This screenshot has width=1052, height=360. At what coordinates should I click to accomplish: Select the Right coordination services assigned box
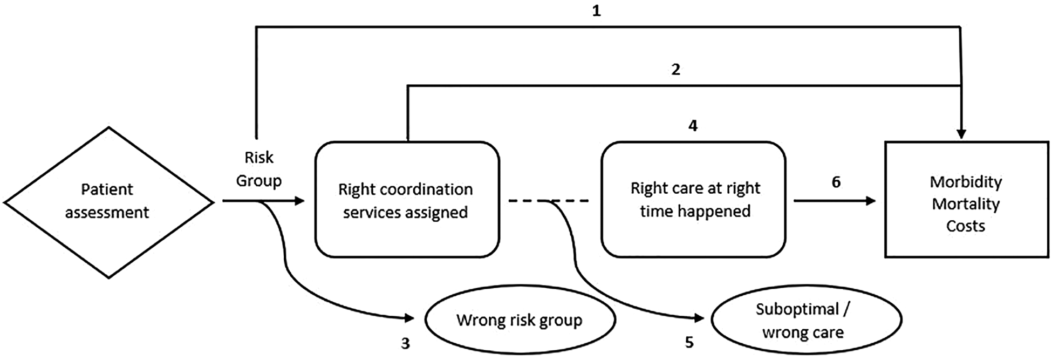pyautogui.click(x=407, y=200)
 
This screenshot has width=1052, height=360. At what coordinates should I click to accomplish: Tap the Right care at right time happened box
pyautogui.click(x=694, y=199)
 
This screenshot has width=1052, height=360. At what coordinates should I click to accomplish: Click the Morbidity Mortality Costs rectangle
pyautogui.click(x=966, y=200)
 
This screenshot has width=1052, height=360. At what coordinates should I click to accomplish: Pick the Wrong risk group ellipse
pyautogui.click(x=520, y=320)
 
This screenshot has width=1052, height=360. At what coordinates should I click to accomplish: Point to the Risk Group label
pyautogui.click(x=259, y=169)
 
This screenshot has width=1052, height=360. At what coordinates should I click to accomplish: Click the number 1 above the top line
pyautogui.click(x=596, y=11)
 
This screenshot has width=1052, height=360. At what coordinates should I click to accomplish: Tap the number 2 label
pyautogui.click(x=675, y=69)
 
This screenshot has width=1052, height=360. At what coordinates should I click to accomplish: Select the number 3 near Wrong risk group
pyautogui.click(x=405, y=343)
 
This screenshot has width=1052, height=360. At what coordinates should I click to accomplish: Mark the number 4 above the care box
pyautogui.click(x=693, y=126)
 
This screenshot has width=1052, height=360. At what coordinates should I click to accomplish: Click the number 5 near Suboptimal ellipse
pyautogui.click(x=689, y=343)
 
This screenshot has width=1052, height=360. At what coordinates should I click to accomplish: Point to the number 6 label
pyautogui.click(x=836, y=182)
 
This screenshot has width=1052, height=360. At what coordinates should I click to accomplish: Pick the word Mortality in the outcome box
pyautogui.click(x=966, y=204)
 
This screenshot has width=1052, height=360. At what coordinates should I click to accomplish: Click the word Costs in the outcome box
pyautogui.click(x=966, y=226)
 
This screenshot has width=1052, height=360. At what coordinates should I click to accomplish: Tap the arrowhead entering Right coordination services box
pyautogui.click(x=299, y=201)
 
